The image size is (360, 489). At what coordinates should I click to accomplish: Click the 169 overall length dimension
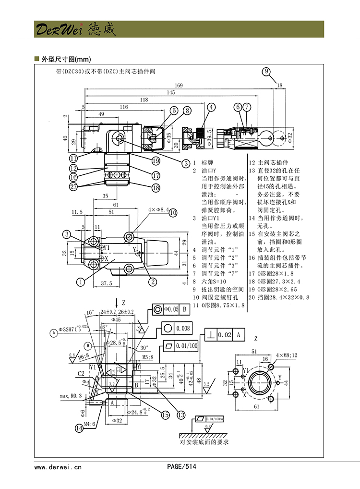pos(179,85)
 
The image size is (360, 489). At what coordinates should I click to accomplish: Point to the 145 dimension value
pos(171,92)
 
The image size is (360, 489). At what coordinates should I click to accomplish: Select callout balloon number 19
pos(156,161)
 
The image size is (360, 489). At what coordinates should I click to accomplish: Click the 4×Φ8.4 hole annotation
pos(156,209)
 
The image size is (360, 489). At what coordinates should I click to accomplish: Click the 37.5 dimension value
pos(107,283)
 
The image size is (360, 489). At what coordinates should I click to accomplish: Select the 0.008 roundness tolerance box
pos(183,329)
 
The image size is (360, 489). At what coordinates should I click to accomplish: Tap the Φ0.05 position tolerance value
pos(170,309)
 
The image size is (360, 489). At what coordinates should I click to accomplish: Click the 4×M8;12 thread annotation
pos(287,355)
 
